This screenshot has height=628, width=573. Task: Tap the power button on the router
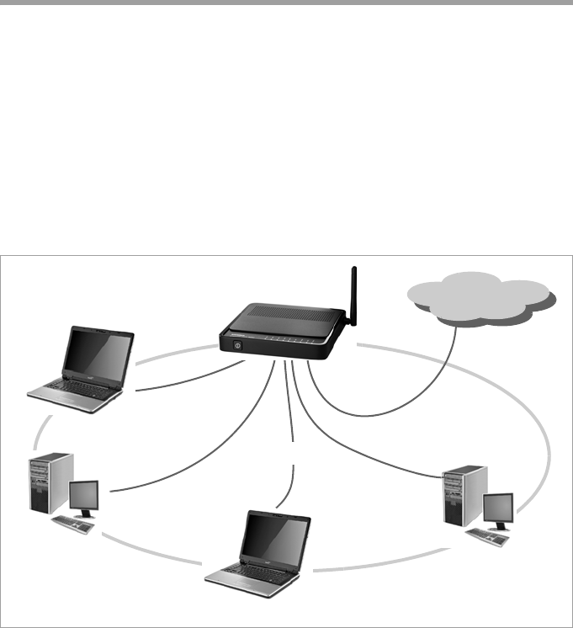[236, 343]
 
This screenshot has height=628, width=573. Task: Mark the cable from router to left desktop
[210, 455]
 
